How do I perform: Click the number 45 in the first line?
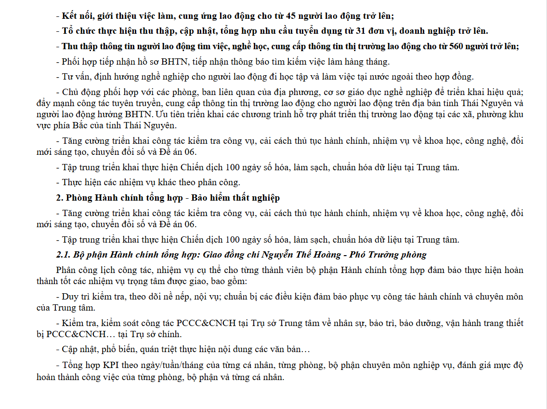click(x=286, y=16)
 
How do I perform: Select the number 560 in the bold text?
click(x=457, y=46)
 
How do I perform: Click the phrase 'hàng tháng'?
click(x=368, y=61)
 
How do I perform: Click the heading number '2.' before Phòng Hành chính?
click(x=60, y=198)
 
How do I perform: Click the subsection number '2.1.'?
click(x=64, y=254)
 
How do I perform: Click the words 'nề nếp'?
click(x=173, y=297)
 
